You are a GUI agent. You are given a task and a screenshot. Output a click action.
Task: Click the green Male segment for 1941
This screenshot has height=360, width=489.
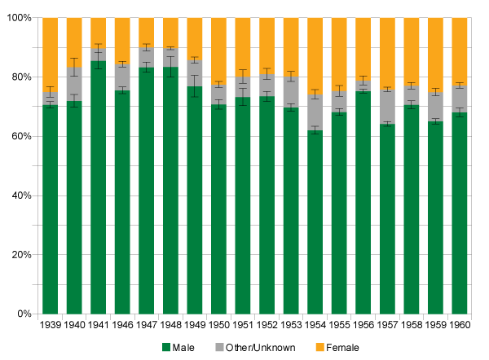[x=99, y=187]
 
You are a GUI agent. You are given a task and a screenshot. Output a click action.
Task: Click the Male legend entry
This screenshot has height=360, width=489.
[x=191, y=348]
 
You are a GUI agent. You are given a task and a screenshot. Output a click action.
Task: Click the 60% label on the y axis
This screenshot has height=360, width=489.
[x=22, y=137]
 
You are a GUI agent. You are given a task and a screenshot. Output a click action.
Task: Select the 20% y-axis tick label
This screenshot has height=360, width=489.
[x=22, y=255]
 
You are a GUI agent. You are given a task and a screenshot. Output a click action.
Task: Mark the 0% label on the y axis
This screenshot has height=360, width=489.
[x=24, y=314]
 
